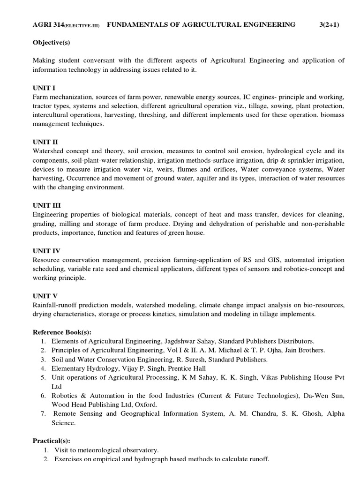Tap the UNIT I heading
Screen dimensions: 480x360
click(x=45, y=88)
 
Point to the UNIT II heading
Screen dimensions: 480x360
click(x=46, y=142)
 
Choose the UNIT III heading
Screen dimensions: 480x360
click(x=47, y=205)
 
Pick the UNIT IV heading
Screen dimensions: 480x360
click(x=47, y=250)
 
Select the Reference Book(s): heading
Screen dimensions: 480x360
click(x=62, y=331)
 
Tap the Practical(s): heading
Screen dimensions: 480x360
click(x=51, y=441)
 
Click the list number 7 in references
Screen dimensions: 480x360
click(x=42, y=413)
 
